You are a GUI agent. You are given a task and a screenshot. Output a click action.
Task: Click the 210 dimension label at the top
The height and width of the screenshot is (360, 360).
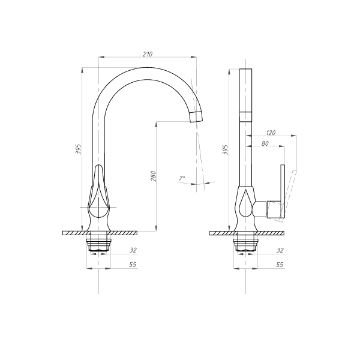tap(148, 54)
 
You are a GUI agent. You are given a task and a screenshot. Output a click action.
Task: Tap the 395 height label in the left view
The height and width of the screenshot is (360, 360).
tap(78, 149)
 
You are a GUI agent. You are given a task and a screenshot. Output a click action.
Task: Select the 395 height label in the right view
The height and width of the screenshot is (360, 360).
tap(226, 150)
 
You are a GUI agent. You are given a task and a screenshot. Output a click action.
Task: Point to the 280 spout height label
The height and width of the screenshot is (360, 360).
tap(154, 176)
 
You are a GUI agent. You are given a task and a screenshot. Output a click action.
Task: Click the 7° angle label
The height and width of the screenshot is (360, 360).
tap(182, 178)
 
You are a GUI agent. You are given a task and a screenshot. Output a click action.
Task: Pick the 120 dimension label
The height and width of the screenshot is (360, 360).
tap(271, 133)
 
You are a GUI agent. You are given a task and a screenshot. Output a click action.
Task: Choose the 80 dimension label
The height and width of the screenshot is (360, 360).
tap(265, 143)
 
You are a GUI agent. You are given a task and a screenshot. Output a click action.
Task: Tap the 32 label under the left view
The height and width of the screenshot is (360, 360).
tap(133, 250)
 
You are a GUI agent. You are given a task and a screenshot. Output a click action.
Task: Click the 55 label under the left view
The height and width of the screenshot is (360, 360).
tap(133, 265)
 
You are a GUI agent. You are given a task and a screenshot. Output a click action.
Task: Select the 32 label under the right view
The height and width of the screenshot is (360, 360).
tap(280, 250)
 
